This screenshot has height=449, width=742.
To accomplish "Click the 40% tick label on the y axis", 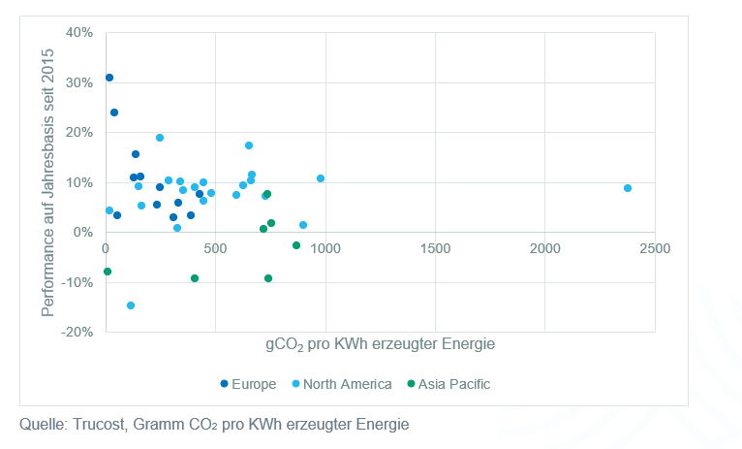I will pyautogui.click(x=78, y=32).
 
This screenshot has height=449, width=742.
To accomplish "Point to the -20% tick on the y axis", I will pyautogui.click(x=77, y=332).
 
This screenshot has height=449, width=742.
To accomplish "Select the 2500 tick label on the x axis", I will pyautogui.click(x=655, y=248).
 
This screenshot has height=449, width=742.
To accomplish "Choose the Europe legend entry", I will pyautogui.click(x=249, y=384).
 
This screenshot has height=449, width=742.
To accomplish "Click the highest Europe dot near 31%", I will pyautogui.click(x=109, y=78).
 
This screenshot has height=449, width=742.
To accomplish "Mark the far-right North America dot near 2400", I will pyautogui.click(x=628, y=188).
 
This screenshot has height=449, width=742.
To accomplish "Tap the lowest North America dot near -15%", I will pyautogui.click(x=131, y=305).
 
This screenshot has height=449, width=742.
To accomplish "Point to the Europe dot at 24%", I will pyautogui.click(x=114, y=112).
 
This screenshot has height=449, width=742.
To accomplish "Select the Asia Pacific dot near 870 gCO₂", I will pyautogui.click(x=296, y=245).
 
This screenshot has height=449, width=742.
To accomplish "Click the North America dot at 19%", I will pyautogui.click(x=160, y=138).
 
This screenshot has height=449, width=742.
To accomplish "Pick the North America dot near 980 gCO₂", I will pyautogui.click(x=321, y=178).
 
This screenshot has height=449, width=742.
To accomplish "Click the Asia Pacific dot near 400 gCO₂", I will pyautogui.click(x=195, y=278).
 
